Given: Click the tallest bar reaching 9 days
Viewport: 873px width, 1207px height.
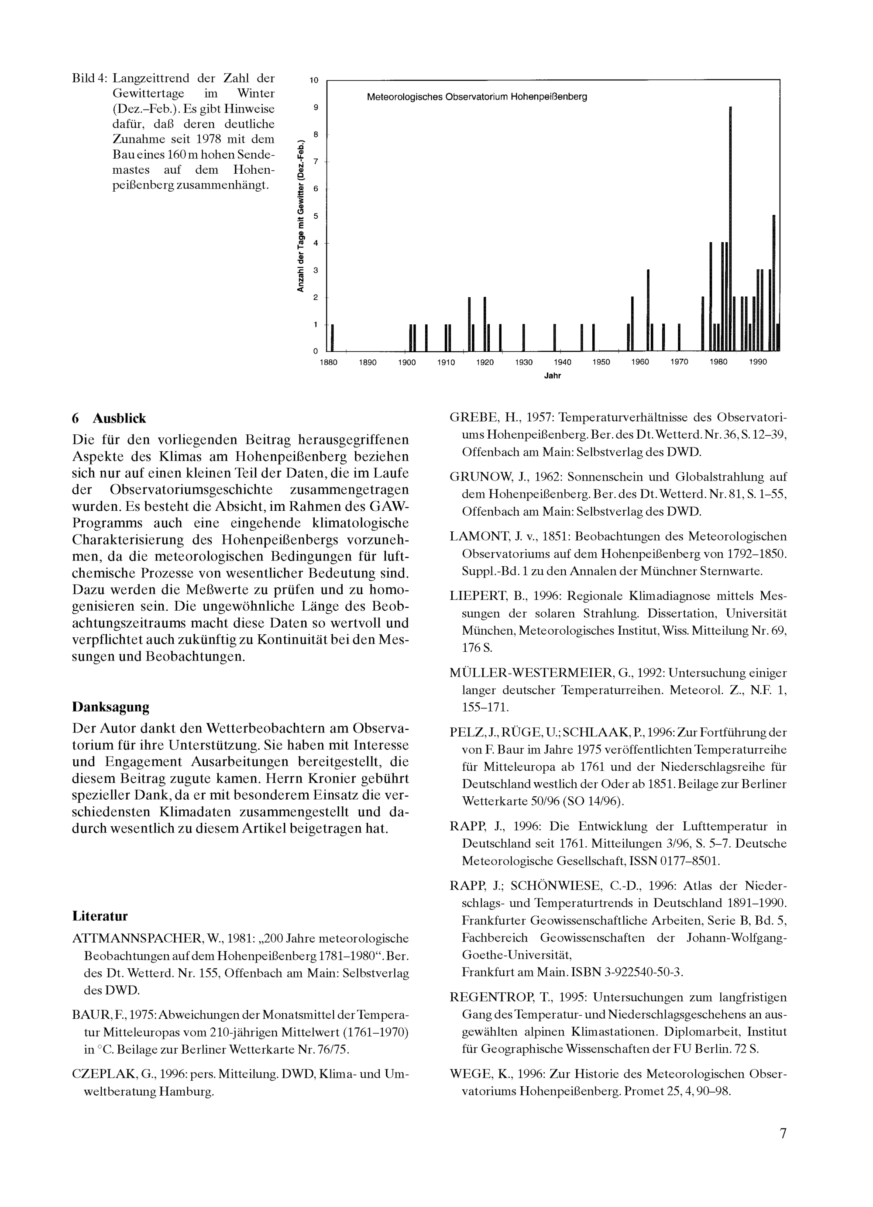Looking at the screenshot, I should point(730,229).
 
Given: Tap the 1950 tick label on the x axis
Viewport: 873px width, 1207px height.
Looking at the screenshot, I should point(601,362).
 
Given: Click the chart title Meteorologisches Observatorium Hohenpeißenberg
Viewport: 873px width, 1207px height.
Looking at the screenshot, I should point(477,97).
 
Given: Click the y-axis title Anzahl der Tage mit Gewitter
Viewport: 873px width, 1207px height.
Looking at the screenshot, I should point(301,216).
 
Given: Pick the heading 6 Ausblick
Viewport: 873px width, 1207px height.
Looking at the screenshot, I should point(109,418).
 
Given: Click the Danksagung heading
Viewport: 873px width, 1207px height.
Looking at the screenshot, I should point(111,707).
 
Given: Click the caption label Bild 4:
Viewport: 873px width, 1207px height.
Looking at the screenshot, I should point(90,78).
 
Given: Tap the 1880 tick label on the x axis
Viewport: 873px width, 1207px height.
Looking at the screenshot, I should point(328,362).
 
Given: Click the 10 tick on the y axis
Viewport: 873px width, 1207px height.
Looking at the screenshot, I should point(314,80).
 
